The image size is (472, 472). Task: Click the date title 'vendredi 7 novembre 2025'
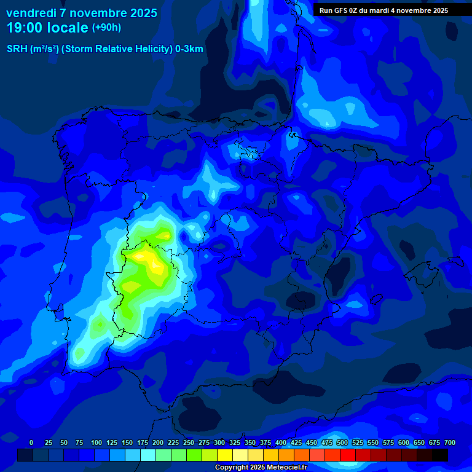tap(81, 13)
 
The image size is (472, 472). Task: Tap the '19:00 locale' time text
tap(48, 28)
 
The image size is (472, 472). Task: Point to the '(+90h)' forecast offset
tap(106, 28)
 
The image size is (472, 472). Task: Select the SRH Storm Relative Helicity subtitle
tap(104, 49)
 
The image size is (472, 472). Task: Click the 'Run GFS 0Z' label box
tap(383, 10)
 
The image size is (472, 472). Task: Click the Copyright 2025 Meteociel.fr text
tap(261, 467)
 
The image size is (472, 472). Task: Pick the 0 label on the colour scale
tap(31, 442)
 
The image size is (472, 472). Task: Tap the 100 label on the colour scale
tap(96, 442)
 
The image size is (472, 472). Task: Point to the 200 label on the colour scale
tap(158, 442)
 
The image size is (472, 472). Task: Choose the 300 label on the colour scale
tap(219, 442)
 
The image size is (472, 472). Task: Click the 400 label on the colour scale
tap(281, 442)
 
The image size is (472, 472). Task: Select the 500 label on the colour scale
tap(342, 442)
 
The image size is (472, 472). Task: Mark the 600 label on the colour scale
tap(404, 442)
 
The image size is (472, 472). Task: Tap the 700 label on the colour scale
tap(450, 442)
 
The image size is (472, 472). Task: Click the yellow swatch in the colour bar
tap(225, 455)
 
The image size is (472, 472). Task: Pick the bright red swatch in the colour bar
tap(348, 455)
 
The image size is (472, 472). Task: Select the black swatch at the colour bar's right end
tap(440, 455)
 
